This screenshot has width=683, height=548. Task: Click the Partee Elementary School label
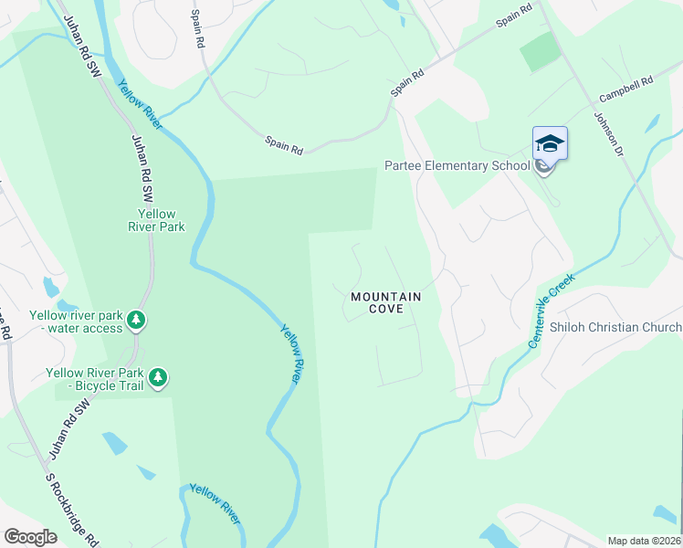click(x=457, y=165)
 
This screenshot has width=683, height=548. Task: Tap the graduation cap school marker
click(x=550, y=144)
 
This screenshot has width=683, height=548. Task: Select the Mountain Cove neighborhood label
click(x=386, y=302)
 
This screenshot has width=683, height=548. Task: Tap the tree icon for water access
click(x=136, y=320)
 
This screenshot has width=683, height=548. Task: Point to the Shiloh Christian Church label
click(x=615, y=327)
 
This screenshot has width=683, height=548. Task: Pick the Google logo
click(x=30, y=537)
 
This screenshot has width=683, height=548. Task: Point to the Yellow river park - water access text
click(x=75, y=321)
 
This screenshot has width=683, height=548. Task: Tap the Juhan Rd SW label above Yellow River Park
click(x=143, y=168)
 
